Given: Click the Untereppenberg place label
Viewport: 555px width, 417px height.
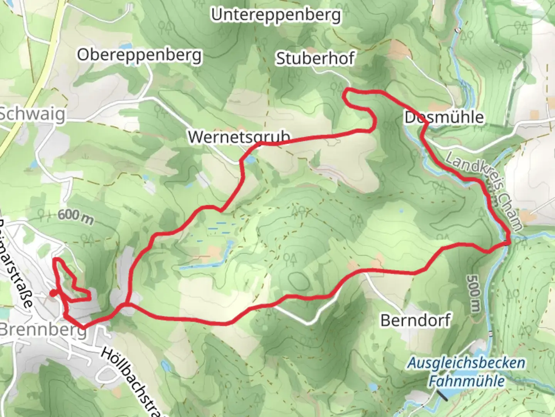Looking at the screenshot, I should pos(276,15).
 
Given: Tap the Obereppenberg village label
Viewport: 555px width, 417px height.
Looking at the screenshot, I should pos(139,56).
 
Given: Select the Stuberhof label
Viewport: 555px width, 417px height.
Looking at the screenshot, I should pos(315,59).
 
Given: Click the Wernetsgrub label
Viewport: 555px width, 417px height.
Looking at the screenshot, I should pos(239,137).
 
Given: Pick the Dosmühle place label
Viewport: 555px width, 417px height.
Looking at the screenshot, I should pos(444,117).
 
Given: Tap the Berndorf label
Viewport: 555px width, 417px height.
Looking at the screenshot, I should pos(415,320).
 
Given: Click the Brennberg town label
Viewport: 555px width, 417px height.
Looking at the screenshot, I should pos(42,331).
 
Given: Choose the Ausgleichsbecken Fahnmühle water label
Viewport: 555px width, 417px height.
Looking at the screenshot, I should pos(466,372).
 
